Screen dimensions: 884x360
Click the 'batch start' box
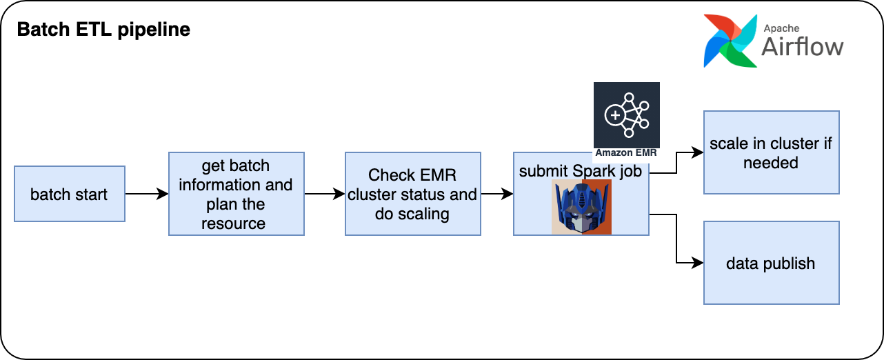click(x=70, y=194)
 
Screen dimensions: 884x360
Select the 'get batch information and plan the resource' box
click(x=237, y=194)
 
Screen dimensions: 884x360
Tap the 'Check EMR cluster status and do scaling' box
click(x=413, y=194)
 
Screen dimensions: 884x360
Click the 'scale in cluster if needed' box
click(x=772, y=152)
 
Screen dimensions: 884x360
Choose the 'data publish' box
click(x=772, y=263)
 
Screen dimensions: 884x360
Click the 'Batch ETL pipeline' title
click(x=103, y=30)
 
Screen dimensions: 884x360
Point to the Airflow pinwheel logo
click(x=730, y=41)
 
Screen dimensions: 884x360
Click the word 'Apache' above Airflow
click(x=781, y=28)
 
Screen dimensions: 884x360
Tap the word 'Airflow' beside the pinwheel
click(x=803, y=47)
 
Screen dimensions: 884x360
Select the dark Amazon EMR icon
click(x=627, y=115)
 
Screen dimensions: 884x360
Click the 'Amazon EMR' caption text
click(x=626, y=153)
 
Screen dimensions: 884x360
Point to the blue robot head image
click(x=581, y=207)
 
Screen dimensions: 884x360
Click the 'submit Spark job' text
click(x=581, y=171)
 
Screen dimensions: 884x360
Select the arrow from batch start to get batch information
click(x=147, y=194)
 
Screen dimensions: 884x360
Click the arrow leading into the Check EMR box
click(x=325, y=194)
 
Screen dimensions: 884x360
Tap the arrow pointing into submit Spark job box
click(x=497, y=194)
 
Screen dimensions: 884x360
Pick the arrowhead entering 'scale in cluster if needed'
click(x=697, y=152)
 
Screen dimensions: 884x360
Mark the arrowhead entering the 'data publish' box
click(x=697, y=263)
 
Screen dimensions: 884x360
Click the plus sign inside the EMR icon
click(x=615, y=115)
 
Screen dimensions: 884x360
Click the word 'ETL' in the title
click(x=94, y=30)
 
